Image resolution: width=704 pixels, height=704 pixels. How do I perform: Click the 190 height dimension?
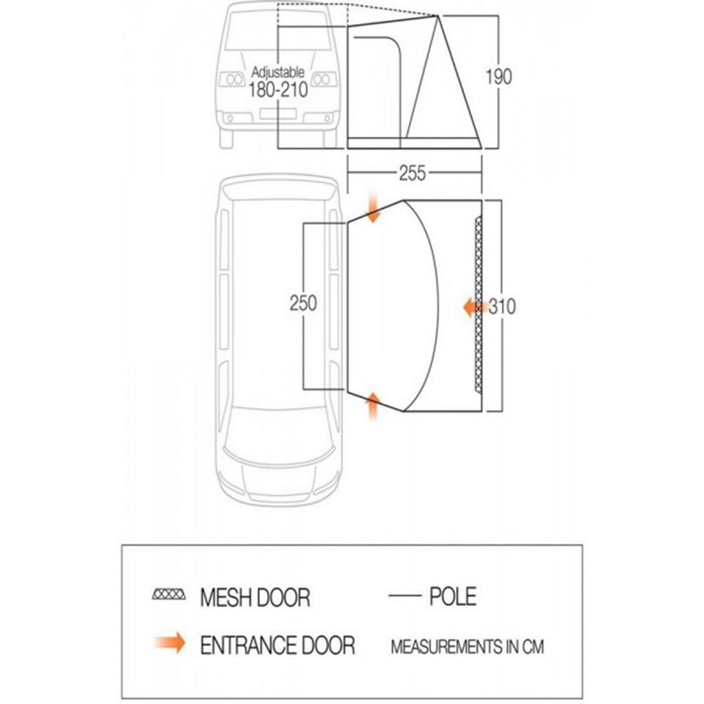click(x=498, y=77)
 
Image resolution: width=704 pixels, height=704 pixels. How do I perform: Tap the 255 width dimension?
click(x=412, y=173)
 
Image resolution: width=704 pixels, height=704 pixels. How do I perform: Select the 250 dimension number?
click(x=303, y=303)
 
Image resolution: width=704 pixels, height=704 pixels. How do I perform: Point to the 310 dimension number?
click(x=502, y=307)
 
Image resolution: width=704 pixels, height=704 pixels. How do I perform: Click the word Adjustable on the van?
click(x=278, y=71)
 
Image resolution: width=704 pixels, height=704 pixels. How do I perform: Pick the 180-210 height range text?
click(x=278, y=90)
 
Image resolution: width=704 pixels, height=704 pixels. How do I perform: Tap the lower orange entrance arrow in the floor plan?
click(x=373, y=406)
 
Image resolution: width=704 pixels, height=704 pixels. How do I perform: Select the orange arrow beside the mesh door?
click(x=473, y=308)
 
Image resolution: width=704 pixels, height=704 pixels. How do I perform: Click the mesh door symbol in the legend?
click(x=169, y=595)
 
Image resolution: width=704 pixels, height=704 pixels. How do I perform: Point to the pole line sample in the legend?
click(x=404, y=596)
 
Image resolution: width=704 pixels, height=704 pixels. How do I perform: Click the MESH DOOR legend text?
click(x=255, y=597)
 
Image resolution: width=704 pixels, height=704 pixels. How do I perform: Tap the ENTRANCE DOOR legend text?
click(x=278, y=645)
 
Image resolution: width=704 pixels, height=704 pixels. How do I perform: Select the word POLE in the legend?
click(x=452, y=596)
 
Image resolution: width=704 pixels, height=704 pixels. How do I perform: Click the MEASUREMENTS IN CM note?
click(x=467, y=647)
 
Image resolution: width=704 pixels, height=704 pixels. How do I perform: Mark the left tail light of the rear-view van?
click(x=232, y=80)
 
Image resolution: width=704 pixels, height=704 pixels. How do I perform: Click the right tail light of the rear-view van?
click(x=324, y=80)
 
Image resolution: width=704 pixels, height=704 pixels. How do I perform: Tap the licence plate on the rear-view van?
click(x=278, y=113)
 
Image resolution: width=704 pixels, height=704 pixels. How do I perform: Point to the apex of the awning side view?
click(x=438, y=16)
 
